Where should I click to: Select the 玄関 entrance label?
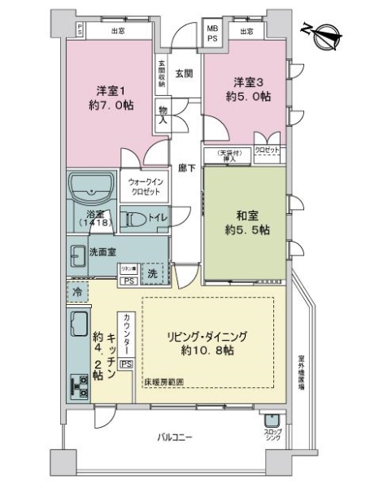(183, 74)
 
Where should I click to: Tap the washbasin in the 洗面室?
(78, 252)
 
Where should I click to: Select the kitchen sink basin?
(80, 325)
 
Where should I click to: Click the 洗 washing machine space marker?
(152, 273)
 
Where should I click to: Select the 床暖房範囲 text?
(163, 381)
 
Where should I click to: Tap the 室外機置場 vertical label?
(300, 373)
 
